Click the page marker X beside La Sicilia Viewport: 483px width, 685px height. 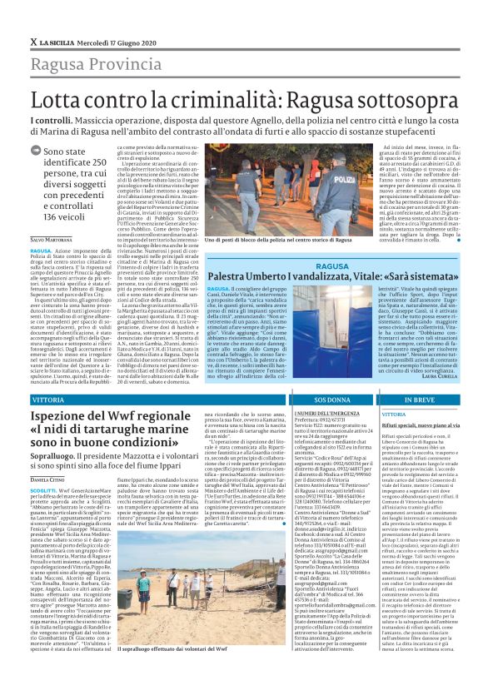[x=32, y=42]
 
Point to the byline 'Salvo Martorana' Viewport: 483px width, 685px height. [x=51, y=239]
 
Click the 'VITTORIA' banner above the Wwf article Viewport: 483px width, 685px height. [x=47, y=400]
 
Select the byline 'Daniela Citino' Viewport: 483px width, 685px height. [x=49, y=480]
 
